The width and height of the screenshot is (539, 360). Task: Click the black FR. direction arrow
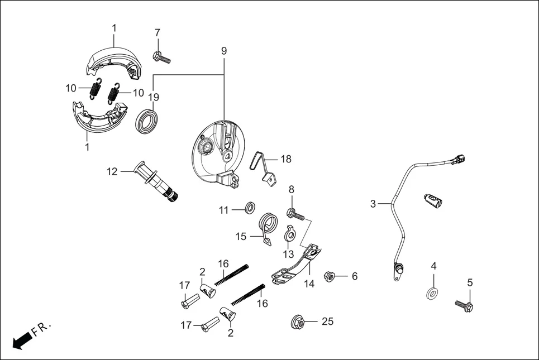21,340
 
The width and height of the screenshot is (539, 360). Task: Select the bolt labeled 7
161,56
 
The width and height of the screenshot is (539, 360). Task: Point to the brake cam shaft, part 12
156,181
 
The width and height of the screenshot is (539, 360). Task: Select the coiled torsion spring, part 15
270,228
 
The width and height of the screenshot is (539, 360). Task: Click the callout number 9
223,50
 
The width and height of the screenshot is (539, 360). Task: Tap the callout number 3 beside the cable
373,204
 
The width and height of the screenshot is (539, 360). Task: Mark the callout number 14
309,284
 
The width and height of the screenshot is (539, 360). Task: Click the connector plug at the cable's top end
458,160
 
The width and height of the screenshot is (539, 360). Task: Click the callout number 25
327,321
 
